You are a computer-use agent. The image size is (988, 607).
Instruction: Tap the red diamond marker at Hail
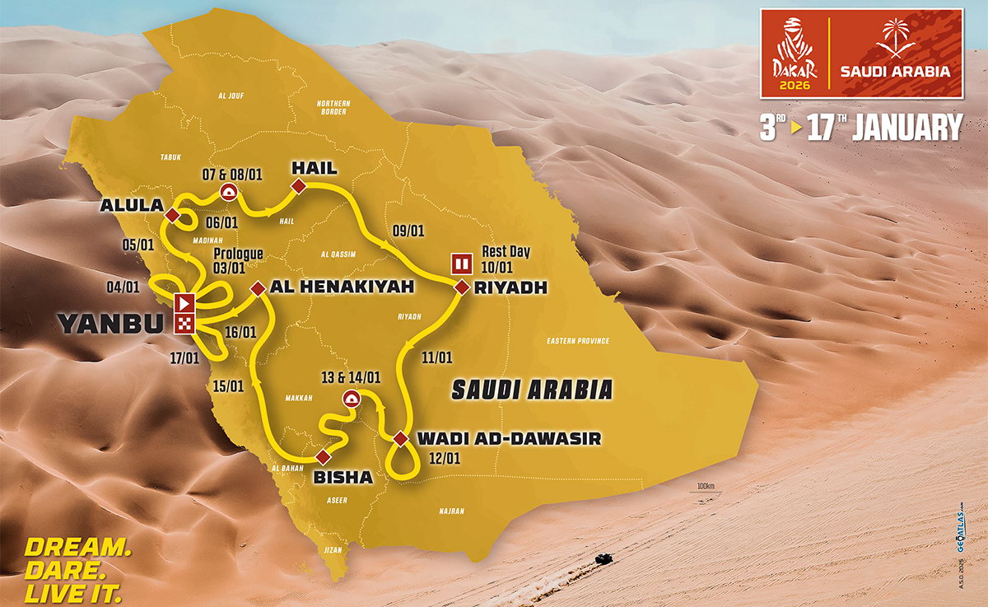point(299,189)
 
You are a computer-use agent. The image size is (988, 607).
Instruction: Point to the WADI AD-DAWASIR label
point(510,439)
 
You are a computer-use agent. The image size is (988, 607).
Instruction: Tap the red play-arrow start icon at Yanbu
point(184,301)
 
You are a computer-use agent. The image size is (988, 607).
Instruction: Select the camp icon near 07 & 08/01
point(228,192)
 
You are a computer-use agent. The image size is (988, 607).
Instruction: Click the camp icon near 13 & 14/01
point(352,400)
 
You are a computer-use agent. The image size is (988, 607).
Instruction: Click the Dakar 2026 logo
point(793,55)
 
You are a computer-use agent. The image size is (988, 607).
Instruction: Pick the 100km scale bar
point(706,493)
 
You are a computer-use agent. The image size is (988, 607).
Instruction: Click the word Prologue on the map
point(238,254)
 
